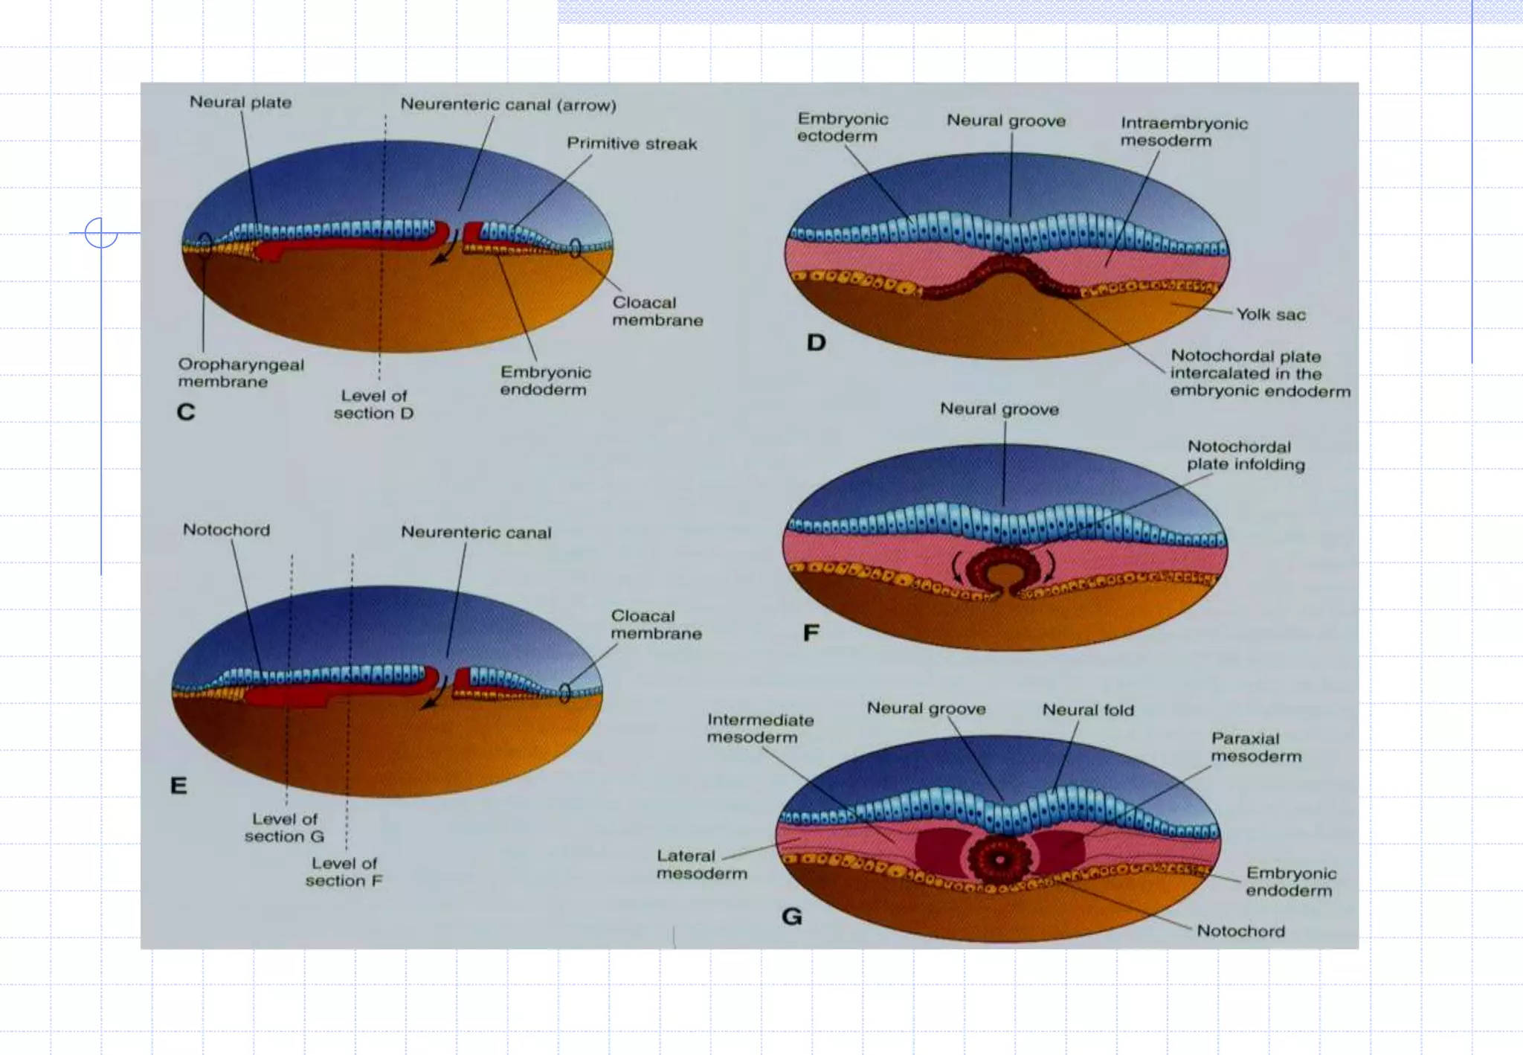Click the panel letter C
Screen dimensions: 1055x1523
pyautogui.click(x=186, y=412)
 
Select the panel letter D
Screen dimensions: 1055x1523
pyautogui.click(x=816, y=343)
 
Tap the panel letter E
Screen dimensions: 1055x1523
pyautogui.click(x=178, y=786)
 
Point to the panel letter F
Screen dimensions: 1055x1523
pyautogui.click(x=811, y=633)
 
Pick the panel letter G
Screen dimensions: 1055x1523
pyautogui.click(x=792, y=917)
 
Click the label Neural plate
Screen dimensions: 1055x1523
pyautogui.click(x=240, y=103)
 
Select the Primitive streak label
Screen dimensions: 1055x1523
pyautogui.click(x=632, y=144)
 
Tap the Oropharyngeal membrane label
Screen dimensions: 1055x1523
pyautogui.click(x=241, y=373)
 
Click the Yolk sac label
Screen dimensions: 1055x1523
pyautogui.click(x=1271, y=315)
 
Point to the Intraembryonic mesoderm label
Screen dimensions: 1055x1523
pyautogui.click(x=1184, y=132)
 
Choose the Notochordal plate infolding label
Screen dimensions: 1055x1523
pyautogui.click(x=1246, y=455)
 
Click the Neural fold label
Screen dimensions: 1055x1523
pyautogui.click(x=1088, y=711)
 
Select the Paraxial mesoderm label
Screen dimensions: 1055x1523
pyautogui.click(x=1256, y=748)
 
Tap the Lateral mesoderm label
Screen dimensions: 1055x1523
pyautogui.click(x=701, y=865)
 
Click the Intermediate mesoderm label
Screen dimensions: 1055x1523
pyautogui.click(x=760, y=728)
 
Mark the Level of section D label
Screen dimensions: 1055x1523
pyautogui.click(x=373, y=405)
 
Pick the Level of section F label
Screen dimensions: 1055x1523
pyautogui.click(x=344, y=872)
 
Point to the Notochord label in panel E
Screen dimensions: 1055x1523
pyautogui.click(x=226, y=530)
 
